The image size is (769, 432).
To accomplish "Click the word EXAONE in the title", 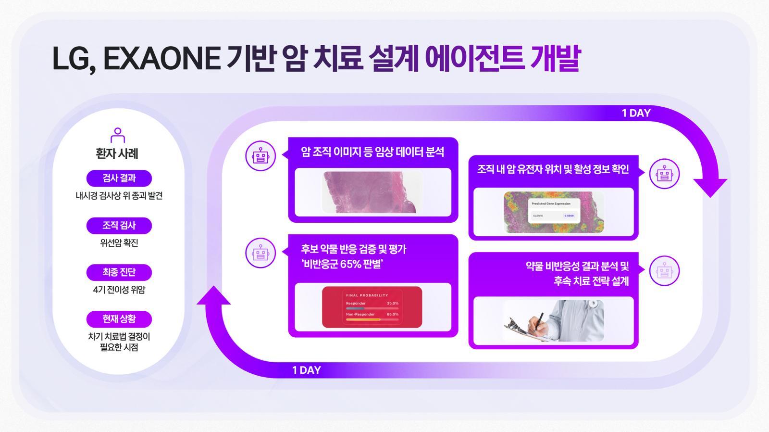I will [x=161, y=59].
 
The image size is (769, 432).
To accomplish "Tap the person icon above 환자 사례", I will [x=118, y=135].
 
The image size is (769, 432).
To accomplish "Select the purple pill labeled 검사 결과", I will [x=119, y=178].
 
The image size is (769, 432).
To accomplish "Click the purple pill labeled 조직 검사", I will [x=119, y=225].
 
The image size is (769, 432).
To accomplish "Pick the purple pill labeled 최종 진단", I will [x=119, y=272].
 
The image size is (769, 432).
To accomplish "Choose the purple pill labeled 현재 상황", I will [x=119, y=319].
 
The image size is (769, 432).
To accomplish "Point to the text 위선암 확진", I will [x=119, y=243].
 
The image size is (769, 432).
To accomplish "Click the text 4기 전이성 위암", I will [x=119, y=290].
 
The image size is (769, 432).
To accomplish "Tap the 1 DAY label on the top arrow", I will [x=636, y=113].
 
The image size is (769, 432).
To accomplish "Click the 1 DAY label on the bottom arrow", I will [x=306, y=370].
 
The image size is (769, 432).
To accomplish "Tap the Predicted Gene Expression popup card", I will [x=554, y=211].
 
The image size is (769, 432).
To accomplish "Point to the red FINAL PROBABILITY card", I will [x=372, y=307].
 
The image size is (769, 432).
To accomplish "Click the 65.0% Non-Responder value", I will [x=393, y=314].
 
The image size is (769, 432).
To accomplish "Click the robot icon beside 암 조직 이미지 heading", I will [x=260, y=156].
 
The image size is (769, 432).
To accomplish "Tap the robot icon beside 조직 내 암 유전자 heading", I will [x=664, y=173].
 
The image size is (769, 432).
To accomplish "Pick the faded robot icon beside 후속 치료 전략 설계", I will [x=664, y=271].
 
